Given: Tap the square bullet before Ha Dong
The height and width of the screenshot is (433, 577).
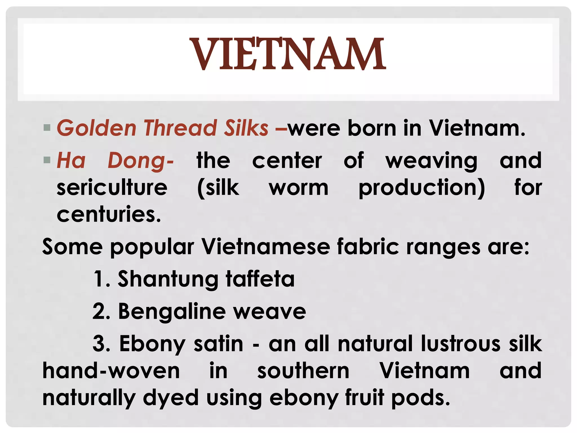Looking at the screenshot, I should point(47,160).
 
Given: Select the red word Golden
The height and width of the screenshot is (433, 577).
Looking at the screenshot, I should point(97,128).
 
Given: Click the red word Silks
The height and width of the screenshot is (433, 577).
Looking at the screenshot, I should point(246,128).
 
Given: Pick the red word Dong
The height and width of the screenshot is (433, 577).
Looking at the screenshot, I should point(140,161).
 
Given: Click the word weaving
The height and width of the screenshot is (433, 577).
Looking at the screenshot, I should point(431,161).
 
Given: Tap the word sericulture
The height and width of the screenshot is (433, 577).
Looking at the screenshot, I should point(112,188).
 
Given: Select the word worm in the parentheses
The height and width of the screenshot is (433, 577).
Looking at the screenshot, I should point(299,188).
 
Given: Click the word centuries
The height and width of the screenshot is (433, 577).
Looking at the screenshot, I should point(109,214).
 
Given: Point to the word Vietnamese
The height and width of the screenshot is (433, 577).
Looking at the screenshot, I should point(266,247).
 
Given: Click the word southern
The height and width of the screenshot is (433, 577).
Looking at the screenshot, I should point(303,371).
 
